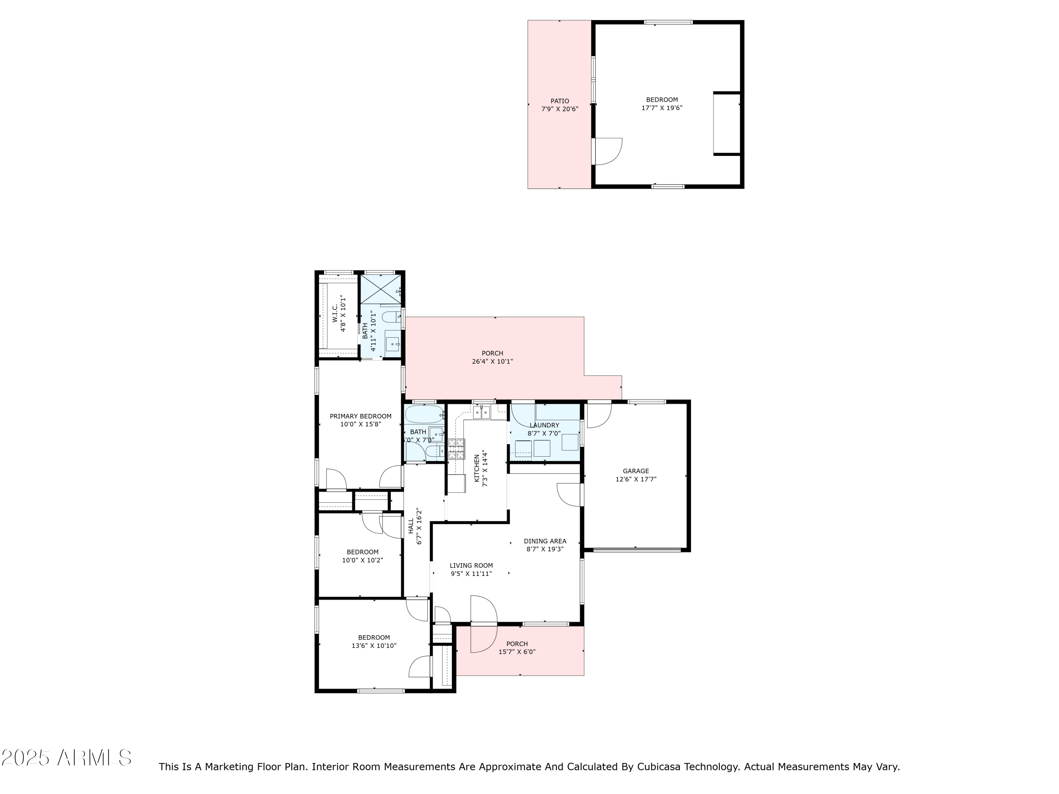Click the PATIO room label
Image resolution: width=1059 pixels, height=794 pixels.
pos(560,101)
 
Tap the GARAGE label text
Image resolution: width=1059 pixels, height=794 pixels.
pos(636,471)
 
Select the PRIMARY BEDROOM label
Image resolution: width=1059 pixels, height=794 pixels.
pos(360,416)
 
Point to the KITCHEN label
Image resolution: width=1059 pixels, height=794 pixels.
pos(476,468)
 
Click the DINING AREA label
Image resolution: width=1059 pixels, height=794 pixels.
pos(545,541)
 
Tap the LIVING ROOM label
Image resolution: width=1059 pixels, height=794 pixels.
pos(471,566)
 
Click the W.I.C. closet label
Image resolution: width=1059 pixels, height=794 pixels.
pos(335,313)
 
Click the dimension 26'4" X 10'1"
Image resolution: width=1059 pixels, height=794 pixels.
pos(493,362)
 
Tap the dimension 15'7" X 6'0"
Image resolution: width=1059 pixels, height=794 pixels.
pos(517,652)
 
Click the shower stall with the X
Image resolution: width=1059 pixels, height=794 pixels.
pos(381,289)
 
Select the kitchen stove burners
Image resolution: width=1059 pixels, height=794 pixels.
pos(456,449)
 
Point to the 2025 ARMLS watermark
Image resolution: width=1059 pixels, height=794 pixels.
pos(67,758)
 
